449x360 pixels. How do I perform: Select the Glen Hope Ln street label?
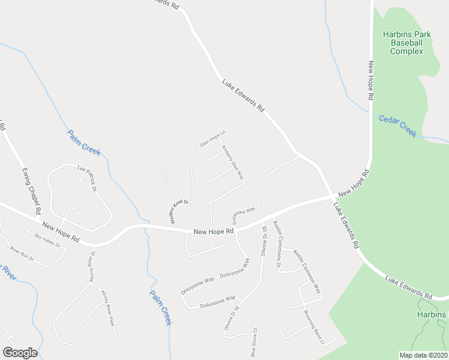[213, 139]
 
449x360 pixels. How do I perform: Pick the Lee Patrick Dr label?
[87, 178]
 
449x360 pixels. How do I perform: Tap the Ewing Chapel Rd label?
[31, 190]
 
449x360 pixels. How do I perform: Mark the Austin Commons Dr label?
[277, 244]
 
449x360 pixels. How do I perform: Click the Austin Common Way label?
[307, 270]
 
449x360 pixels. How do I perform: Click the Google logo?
[20, 353]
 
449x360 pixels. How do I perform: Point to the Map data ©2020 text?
[423, 355]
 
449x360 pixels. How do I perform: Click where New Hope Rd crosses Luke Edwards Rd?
[333, 196]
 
